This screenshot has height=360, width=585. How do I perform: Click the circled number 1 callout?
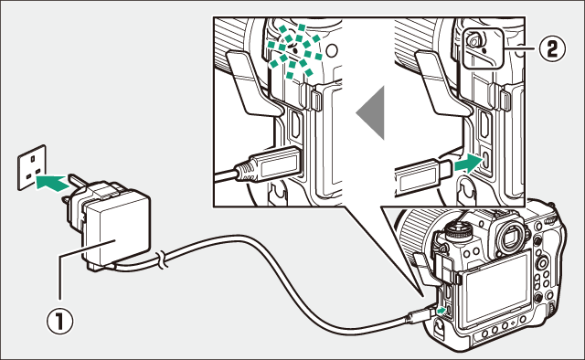pos(59,323)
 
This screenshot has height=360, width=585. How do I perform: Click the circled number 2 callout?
pos(552,48)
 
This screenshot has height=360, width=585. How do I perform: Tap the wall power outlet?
pos(32,167)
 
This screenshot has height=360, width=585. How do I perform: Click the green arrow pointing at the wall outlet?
pos(51,182)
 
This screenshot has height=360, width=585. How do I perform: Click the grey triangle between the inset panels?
pos(370,112)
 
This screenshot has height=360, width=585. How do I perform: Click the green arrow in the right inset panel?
pos(467,164)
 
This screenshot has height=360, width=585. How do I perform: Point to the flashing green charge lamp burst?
pos(294,51)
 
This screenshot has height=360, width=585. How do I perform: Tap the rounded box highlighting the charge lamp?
pos(484,48)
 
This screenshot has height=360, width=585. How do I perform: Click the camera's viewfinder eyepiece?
pos(510,238)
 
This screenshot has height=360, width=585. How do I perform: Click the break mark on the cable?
pos(162,259)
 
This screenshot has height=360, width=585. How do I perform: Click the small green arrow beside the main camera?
pos(441,310)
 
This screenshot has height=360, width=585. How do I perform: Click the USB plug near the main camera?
pos(420,315)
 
